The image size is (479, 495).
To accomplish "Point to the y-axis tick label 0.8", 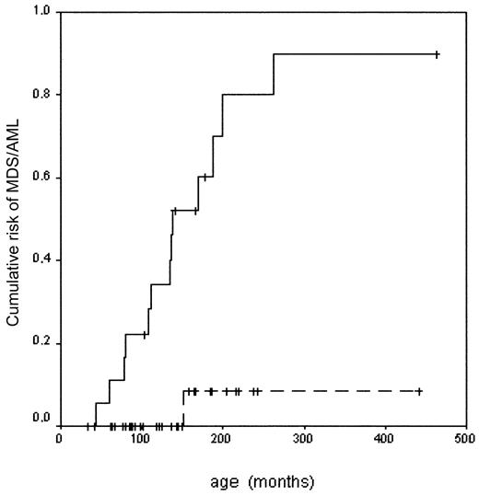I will click(41, 94).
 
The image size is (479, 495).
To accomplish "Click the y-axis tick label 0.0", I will click(41, 420).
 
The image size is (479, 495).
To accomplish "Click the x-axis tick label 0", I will click(60, 438).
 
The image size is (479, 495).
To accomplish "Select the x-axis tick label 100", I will click(140, 438).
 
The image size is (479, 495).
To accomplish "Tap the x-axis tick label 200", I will click(221, 438).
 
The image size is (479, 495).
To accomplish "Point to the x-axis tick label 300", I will click(302, 438).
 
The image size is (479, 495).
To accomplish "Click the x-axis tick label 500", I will click(464, 438).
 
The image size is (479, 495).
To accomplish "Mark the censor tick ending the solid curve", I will click(437, 54).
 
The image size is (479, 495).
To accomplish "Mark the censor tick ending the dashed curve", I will click(419, 392).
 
